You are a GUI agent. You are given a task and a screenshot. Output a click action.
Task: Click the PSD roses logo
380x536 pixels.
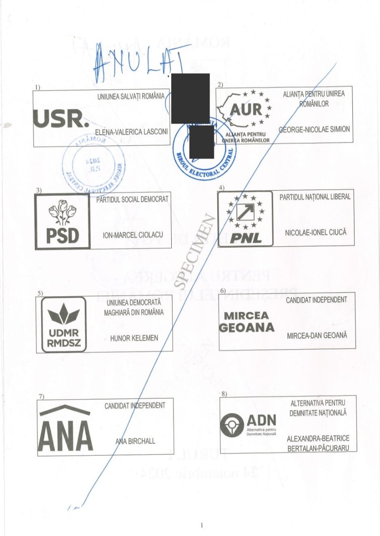click(x=62, y=222)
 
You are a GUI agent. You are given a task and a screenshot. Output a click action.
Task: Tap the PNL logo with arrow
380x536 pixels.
click(x=245, y=218)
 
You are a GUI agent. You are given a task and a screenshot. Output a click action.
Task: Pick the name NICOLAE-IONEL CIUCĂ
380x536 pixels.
click(x=316, y=233)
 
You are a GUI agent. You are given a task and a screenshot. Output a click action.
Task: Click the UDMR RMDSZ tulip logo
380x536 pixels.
click(x=63, y=325)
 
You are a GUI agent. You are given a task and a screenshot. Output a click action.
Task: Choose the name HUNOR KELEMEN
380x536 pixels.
click(x=134, y=338)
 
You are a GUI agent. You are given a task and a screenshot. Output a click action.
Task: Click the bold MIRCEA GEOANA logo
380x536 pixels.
click(x=247, y=322)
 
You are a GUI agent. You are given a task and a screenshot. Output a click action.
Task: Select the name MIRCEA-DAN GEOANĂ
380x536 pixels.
click(x=317, y=335)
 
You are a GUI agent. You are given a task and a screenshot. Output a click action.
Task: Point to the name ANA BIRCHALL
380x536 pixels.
click(x=135, y=441)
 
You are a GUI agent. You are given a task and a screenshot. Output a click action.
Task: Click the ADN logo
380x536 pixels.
click(x=248, y=424)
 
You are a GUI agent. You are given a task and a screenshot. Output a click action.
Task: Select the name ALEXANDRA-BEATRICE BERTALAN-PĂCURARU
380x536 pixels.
click(x=318, y=444)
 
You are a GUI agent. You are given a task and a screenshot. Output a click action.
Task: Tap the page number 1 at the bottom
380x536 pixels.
click(x=202, y=525)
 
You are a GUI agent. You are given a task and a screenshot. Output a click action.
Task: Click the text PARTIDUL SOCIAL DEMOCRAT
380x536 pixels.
click(x=132, y=199)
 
